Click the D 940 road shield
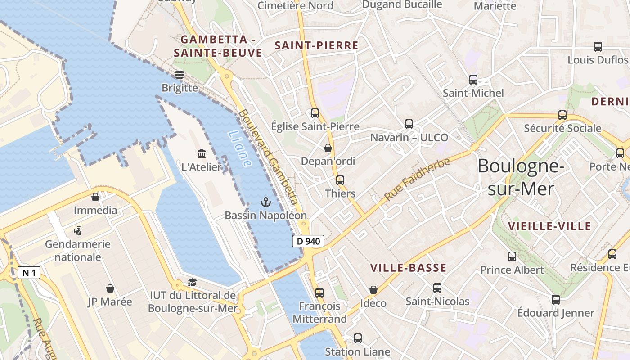[309, 241]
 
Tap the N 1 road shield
[29, 272]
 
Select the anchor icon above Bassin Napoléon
[265, 202]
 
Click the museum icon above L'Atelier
[202, 154]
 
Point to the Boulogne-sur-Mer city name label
[521, 177]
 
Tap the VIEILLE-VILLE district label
[549, 226]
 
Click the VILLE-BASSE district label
[408, 268]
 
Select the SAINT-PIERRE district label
[316, 45]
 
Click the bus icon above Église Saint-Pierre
[315, 113]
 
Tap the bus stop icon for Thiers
[340, 180]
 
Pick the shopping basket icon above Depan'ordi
[328, 148]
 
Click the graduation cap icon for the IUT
[192, 282]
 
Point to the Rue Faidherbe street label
[417, 180]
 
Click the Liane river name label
[240, 149]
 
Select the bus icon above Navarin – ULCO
[409, 124]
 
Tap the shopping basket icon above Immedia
[95, 197]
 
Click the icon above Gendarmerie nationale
[77, 231]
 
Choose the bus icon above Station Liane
[358, 338]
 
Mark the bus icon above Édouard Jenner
[556, 299]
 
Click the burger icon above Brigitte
[180, 74]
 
